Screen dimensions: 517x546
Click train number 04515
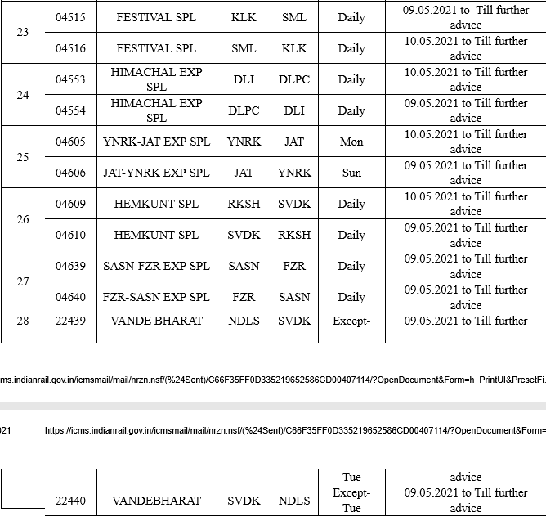[x=70, y=17]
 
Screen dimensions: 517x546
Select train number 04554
[x=70, y=110]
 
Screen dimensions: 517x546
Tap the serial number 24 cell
[x=23, y=95]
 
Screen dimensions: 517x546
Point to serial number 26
[x=23, y=219]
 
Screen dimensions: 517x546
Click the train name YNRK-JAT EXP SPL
[x=156, y=142]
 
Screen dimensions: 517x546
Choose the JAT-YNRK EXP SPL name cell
[x=156, y=173]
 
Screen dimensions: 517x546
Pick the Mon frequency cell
[x=351, y=142]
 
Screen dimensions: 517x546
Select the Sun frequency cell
[x=351, y=173]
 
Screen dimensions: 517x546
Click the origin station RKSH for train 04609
[x=244, y=204]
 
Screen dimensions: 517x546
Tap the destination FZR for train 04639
[x=294, y=266]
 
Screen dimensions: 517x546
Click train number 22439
[x=70, y=321]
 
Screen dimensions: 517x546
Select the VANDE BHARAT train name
[x=156, y=321]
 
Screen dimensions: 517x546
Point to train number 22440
[x=70, y=501]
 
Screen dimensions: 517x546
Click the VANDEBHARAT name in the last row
[x=156, y=501]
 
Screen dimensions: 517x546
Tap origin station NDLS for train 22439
[x=244, y=321]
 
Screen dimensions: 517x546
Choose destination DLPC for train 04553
[x=294, y=79]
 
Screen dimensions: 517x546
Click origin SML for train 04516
[x=244, y=48]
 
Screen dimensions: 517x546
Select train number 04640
[x=70, y=297]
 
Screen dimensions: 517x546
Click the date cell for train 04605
[x=466, y=142]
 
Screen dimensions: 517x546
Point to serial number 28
[x=23, y=321]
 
